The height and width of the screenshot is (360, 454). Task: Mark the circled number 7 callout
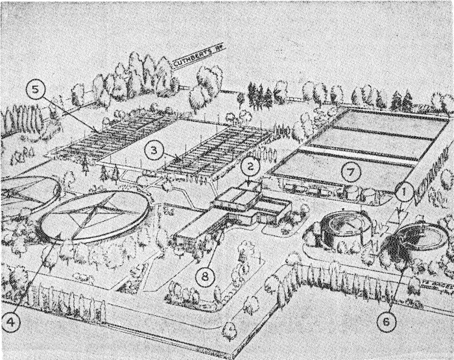[350, 173]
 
